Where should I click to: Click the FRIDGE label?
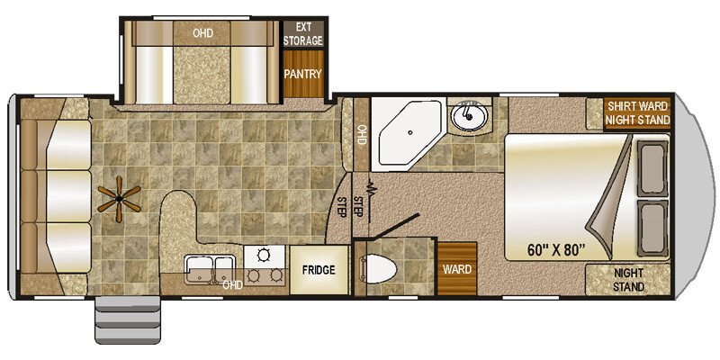coord(319,270)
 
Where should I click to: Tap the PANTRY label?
coord(302,74)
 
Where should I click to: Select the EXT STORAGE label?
coord(302,33)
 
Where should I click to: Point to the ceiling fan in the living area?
coord(120,199)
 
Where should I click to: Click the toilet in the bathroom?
coord(378,268)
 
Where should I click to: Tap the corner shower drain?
coord(410,132)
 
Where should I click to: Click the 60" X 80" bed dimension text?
coord(556,250)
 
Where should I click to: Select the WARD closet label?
coord(457,269)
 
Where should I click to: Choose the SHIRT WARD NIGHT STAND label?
coord(637,113)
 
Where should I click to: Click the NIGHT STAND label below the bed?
coord(628,280)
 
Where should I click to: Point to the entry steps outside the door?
coord(128,319)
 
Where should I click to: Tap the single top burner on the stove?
coord(264,255)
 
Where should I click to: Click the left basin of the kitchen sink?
coord(199,268)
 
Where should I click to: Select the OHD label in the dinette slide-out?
coord(202,33)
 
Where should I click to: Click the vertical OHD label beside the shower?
coord(362,134)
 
